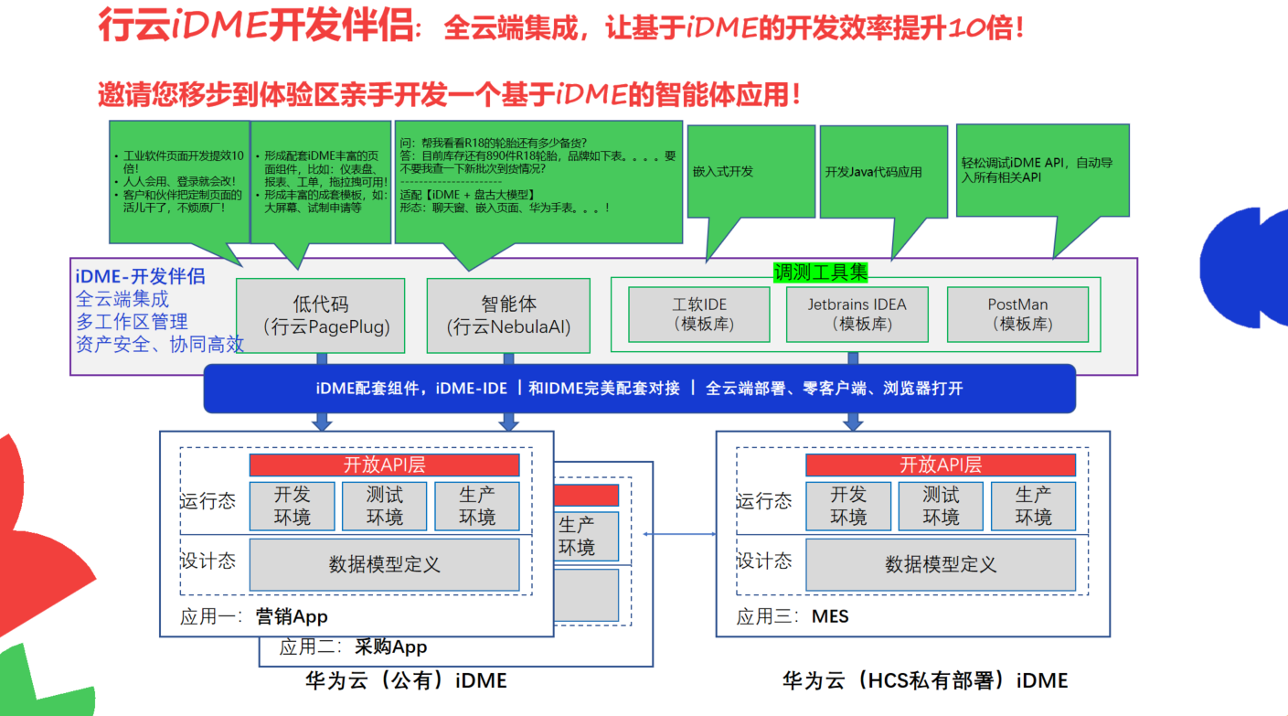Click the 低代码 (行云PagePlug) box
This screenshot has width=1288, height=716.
click(x=320, y=315)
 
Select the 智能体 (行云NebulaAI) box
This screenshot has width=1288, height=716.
click(x=508, y=315)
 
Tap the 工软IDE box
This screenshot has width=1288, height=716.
click(x=699, y=314)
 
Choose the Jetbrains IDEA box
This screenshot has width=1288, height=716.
click(x=857, y=314)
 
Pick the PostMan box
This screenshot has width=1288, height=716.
click(x=1017, y=314)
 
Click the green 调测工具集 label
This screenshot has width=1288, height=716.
click(x=820, y=272)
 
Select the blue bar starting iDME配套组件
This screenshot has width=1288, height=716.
click(x=639, y=388)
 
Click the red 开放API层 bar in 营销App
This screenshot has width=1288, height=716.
click(x=384, y=465)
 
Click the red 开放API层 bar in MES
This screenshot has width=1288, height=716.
click(x=940, y=465)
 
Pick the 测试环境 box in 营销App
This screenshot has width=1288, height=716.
click(x=384, y=506)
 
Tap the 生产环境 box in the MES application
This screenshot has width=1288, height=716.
click(x=1033, y=506)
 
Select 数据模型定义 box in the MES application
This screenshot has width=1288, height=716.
click(x=940, y=564)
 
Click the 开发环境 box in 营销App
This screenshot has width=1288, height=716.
click(x=292, y=506)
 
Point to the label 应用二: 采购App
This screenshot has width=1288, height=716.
click(x=353, y=647)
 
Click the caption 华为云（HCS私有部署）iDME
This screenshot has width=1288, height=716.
click(x=924, y=680)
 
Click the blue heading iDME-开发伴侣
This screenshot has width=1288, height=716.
click(x=140, y=276)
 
